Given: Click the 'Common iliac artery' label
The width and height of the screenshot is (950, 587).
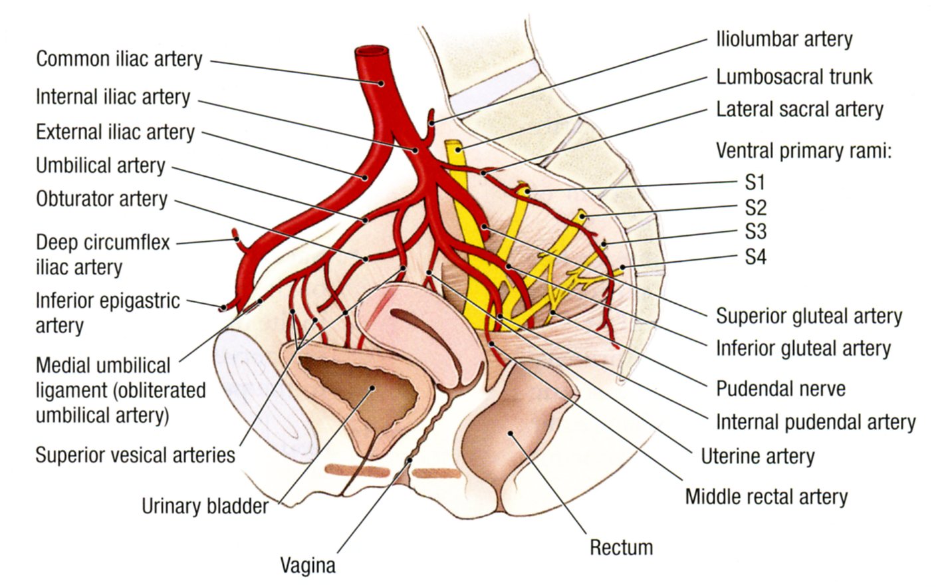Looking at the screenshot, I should pos(119,59).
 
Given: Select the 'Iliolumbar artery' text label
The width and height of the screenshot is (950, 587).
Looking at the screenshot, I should pos(784,39).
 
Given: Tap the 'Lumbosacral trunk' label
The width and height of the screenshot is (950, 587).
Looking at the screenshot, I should pos(794,76).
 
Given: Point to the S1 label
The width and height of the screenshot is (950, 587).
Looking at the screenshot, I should pos(755,182).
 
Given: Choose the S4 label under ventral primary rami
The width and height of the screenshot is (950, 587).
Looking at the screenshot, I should pos(755,257).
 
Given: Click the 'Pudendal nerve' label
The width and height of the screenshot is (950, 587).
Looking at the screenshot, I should pos(780,388).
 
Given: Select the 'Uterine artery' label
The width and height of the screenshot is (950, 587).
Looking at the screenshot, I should pos(758,456).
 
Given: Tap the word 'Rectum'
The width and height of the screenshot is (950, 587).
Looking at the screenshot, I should pos(622,547).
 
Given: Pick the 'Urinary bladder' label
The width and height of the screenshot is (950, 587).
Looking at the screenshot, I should pos(205,506).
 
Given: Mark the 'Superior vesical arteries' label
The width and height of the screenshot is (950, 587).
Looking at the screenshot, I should pos(136,455).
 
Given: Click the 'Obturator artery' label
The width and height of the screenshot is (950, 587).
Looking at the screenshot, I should pos(102,199).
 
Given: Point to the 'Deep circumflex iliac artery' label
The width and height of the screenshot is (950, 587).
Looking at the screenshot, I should pos(102,254).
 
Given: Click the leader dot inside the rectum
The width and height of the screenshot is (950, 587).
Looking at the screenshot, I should pos(511,433).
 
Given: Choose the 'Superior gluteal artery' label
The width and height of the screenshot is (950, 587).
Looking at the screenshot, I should pos(809,316).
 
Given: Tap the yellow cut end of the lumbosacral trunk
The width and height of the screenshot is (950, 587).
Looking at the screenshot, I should pos(453,144).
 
